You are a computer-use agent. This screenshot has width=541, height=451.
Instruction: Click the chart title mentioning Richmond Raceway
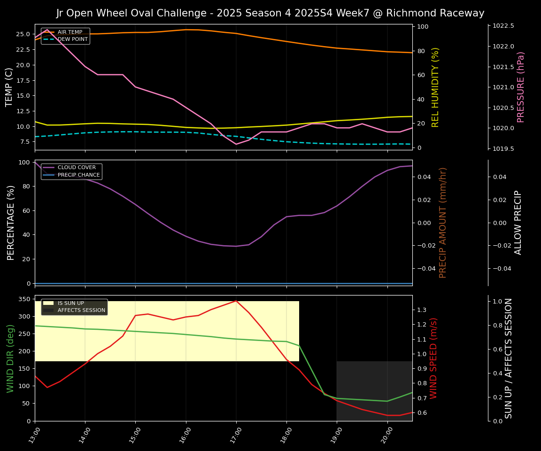point(270,13)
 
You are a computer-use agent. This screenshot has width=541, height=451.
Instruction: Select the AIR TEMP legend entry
point(70,32)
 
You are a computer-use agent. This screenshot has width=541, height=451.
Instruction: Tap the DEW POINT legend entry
point(72,39)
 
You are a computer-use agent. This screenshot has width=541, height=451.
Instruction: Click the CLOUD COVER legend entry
point(77,168)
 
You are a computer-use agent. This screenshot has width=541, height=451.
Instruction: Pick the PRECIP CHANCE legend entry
point(78,175)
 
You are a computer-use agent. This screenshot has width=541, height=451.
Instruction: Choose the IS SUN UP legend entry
point(70,303)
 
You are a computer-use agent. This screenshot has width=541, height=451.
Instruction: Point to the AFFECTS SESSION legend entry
point(81,310)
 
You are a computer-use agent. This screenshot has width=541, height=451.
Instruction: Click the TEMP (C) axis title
point(9,87)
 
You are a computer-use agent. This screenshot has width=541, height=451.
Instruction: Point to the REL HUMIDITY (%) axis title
point(435,87)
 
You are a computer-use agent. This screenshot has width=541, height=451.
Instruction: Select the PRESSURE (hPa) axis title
point(521,87)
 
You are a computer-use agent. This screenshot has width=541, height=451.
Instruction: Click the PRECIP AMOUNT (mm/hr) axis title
point(443,222)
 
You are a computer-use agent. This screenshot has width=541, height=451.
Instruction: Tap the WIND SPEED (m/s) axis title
point(433,358)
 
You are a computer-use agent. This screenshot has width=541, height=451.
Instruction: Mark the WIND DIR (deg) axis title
point(10,358)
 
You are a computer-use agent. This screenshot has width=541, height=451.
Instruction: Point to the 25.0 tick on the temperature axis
point(22,34)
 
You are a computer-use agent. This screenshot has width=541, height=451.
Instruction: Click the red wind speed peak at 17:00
point(236,301)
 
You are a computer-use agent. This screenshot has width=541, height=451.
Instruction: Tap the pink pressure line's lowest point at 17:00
point(236,144)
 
